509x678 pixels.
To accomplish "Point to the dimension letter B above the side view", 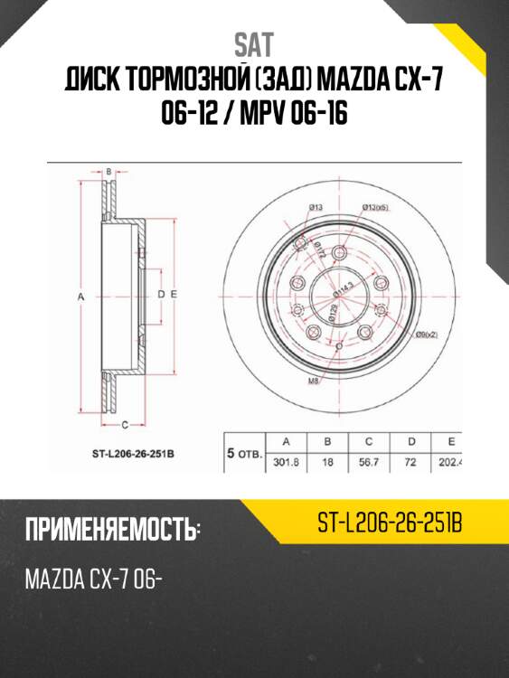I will click(x=108, y=171).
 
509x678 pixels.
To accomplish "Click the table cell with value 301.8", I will click(x=287, y=461).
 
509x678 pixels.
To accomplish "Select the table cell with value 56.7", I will click(x=369, y=461).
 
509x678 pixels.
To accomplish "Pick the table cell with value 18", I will click(x=327, y=461).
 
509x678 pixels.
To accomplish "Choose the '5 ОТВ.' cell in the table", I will click(x=243, y=453).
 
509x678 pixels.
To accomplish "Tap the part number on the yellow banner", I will click(x=390, y=523).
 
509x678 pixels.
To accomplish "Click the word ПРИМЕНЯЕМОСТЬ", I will click(x=109, y=530).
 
